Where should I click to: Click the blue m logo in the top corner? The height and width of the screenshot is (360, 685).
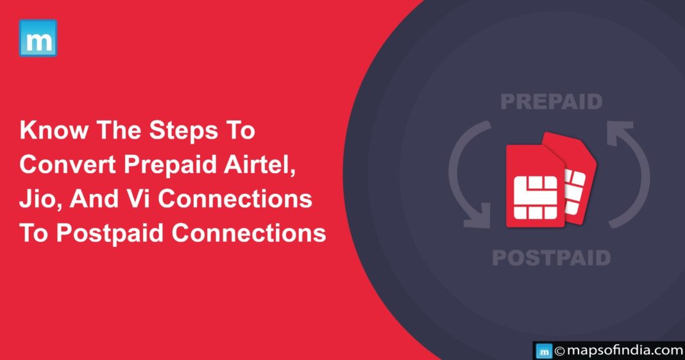tap(38, 38)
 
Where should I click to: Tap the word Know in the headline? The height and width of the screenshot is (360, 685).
tap(53, 130)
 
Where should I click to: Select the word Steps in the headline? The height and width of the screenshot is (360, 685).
tap(183, 131)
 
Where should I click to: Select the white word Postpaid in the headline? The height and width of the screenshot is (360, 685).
tap(110, 234)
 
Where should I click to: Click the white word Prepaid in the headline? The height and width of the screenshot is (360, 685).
tap(171, 166)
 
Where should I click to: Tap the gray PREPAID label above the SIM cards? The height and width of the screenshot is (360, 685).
tap(552, 101)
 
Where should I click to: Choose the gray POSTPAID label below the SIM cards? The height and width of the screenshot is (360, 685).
tap(552, 257)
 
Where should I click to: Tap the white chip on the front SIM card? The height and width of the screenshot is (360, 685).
tap(535, 198)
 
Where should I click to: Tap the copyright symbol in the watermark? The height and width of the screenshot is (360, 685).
tap(560, 351)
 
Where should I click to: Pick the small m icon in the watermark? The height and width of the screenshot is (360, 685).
tap(544, 351)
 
